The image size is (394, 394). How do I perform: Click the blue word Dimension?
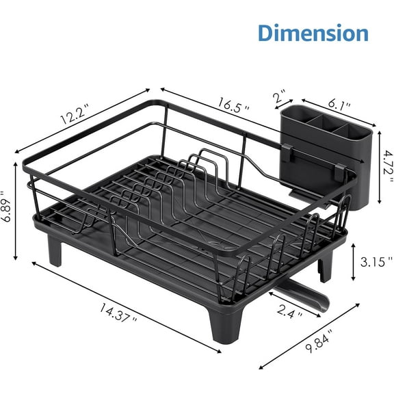313,32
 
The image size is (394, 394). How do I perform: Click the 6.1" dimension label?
339,105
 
